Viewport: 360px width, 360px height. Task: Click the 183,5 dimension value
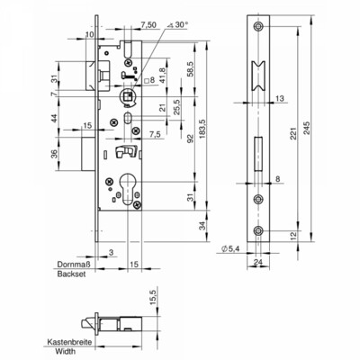[x=203, y=130]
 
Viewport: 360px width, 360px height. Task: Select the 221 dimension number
[x=293, y=133]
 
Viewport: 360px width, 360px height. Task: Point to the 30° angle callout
[x=177, y=25]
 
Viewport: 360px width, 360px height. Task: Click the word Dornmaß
[x=74, y=265]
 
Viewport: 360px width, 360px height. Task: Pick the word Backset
[x=71, y=274]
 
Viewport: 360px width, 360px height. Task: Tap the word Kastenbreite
[x=69, y=342]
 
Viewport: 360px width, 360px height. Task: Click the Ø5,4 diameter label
[x=230, y=248]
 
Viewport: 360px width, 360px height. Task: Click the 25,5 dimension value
[x=177, y=107]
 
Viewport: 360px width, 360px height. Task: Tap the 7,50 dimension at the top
[x=148, y=25]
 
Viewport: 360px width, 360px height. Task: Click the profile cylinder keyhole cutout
[x=127, y=188]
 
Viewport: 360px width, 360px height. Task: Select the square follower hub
[x=128, y=96]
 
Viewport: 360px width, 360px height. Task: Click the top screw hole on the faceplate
[x=257, y=26]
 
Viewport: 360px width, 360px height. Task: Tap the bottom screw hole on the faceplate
[x=257, y=230]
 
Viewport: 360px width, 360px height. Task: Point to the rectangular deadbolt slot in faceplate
[x=258, y=154]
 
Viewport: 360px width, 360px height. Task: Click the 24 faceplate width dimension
[x=258, y=262]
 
